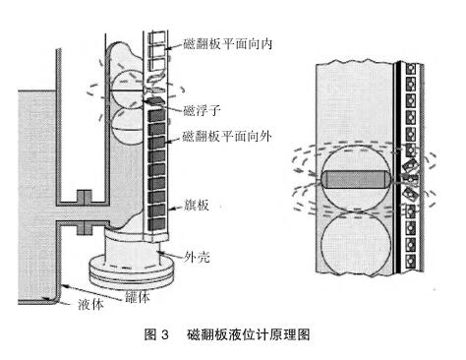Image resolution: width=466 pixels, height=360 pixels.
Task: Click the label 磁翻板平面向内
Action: pyautogui.click(x=227, y=44)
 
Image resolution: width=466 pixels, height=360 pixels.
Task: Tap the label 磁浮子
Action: pyautogui.click(x=202, y=110)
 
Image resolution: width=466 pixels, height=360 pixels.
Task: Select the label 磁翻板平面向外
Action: pyautogui.click(x=227, y=136)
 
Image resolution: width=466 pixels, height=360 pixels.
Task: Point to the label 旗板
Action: pyautogui.click(x=196, y=206)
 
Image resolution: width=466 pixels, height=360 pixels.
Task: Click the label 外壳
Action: pyautogui.click(x=197, y=257)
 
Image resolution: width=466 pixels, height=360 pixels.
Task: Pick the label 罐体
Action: pyautogui.click(x=138, y=297)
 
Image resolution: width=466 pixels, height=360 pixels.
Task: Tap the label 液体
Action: pyautogui.click(x=90, y=304)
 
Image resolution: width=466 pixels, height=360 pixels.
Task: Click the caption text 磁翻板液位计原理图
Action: pyautogui.click(x=249, y=334)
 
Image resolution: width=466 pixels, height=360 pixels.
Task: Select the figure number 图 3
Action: pyautogui.click(x=156, y=334)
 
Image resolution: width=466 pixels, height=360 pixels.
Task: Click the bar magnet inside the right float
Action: pyautogui.click(x=355, y=180)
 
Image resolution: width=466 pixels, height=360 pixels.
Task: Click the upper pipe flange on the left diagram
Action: pyautogui.click(x=85, y=196)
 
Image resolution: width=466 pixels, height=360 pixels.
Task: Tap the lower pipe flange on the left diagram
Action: pyautogui.click(x=85, y=228)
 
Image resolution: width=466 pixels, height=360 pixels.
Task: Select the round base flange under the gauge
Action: pyautogui.click(x=131, y=272)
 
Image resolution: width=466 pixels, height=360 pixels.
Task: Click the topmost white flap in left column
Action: pyautogui.click(x=157, y=38)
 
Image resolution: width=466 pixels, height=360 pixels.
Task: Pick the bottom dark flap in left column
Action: pyautogui.click(x=156, y=224)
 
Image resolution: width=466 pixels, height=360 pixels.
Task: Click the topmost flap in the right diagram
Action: pyautogui.click(x=411, y=69)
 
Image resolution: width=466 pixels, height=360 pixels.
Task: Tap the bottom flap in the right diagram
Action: pyautogui.click(x=411, y=262)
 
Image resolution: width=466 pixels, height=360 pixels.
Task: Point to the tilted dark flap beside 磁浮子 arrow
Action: pyautogui.click(x=153, y=100)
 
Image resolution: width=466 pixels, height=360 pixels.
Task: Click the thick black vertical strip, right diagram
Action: pyautogui.click(x=398, y=167)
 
